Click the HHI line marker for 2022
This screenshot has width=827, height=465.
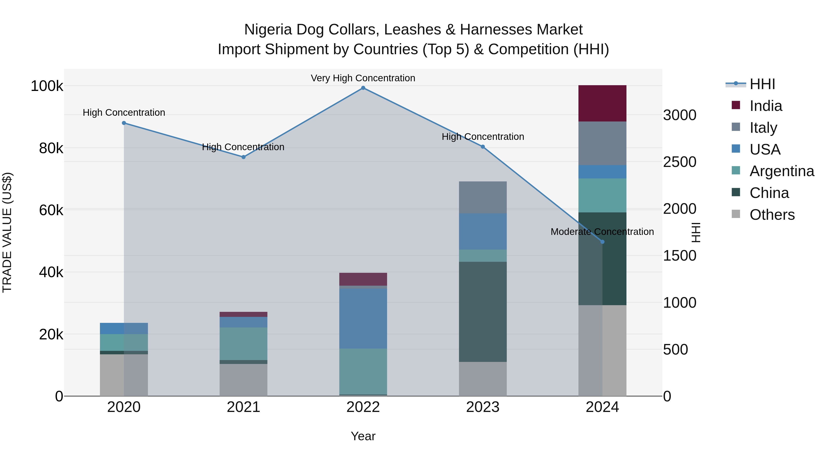point(363,88)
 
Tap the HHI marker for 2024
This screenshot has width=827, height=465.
point(602,242)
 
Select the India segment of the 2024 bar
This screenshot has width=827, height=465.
point(602,103)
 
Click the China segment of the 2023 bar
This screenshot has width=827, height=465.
point(482,311)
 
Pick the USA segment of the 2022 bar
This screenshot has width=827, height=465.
point(363,318)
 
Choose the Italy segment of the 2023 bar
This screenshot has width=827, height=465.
point(482,197)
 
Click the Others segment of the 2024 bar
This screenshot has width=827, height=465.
point(602,350)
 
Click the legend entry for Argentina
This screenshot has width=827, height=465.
point(782,171)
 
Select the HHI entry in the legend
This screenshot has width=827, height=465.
point(762,84)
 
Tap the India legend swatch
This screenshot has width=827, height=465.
point(736,105)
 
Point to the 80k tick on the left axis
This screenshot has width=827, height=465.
point(51,148)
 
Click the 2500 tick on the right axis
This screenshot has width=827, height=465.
point(680,162)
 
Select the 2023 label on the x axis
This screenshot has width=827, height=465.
point(482,407)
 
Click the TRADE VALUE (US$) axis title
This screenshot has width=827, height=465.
point(7,232)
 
